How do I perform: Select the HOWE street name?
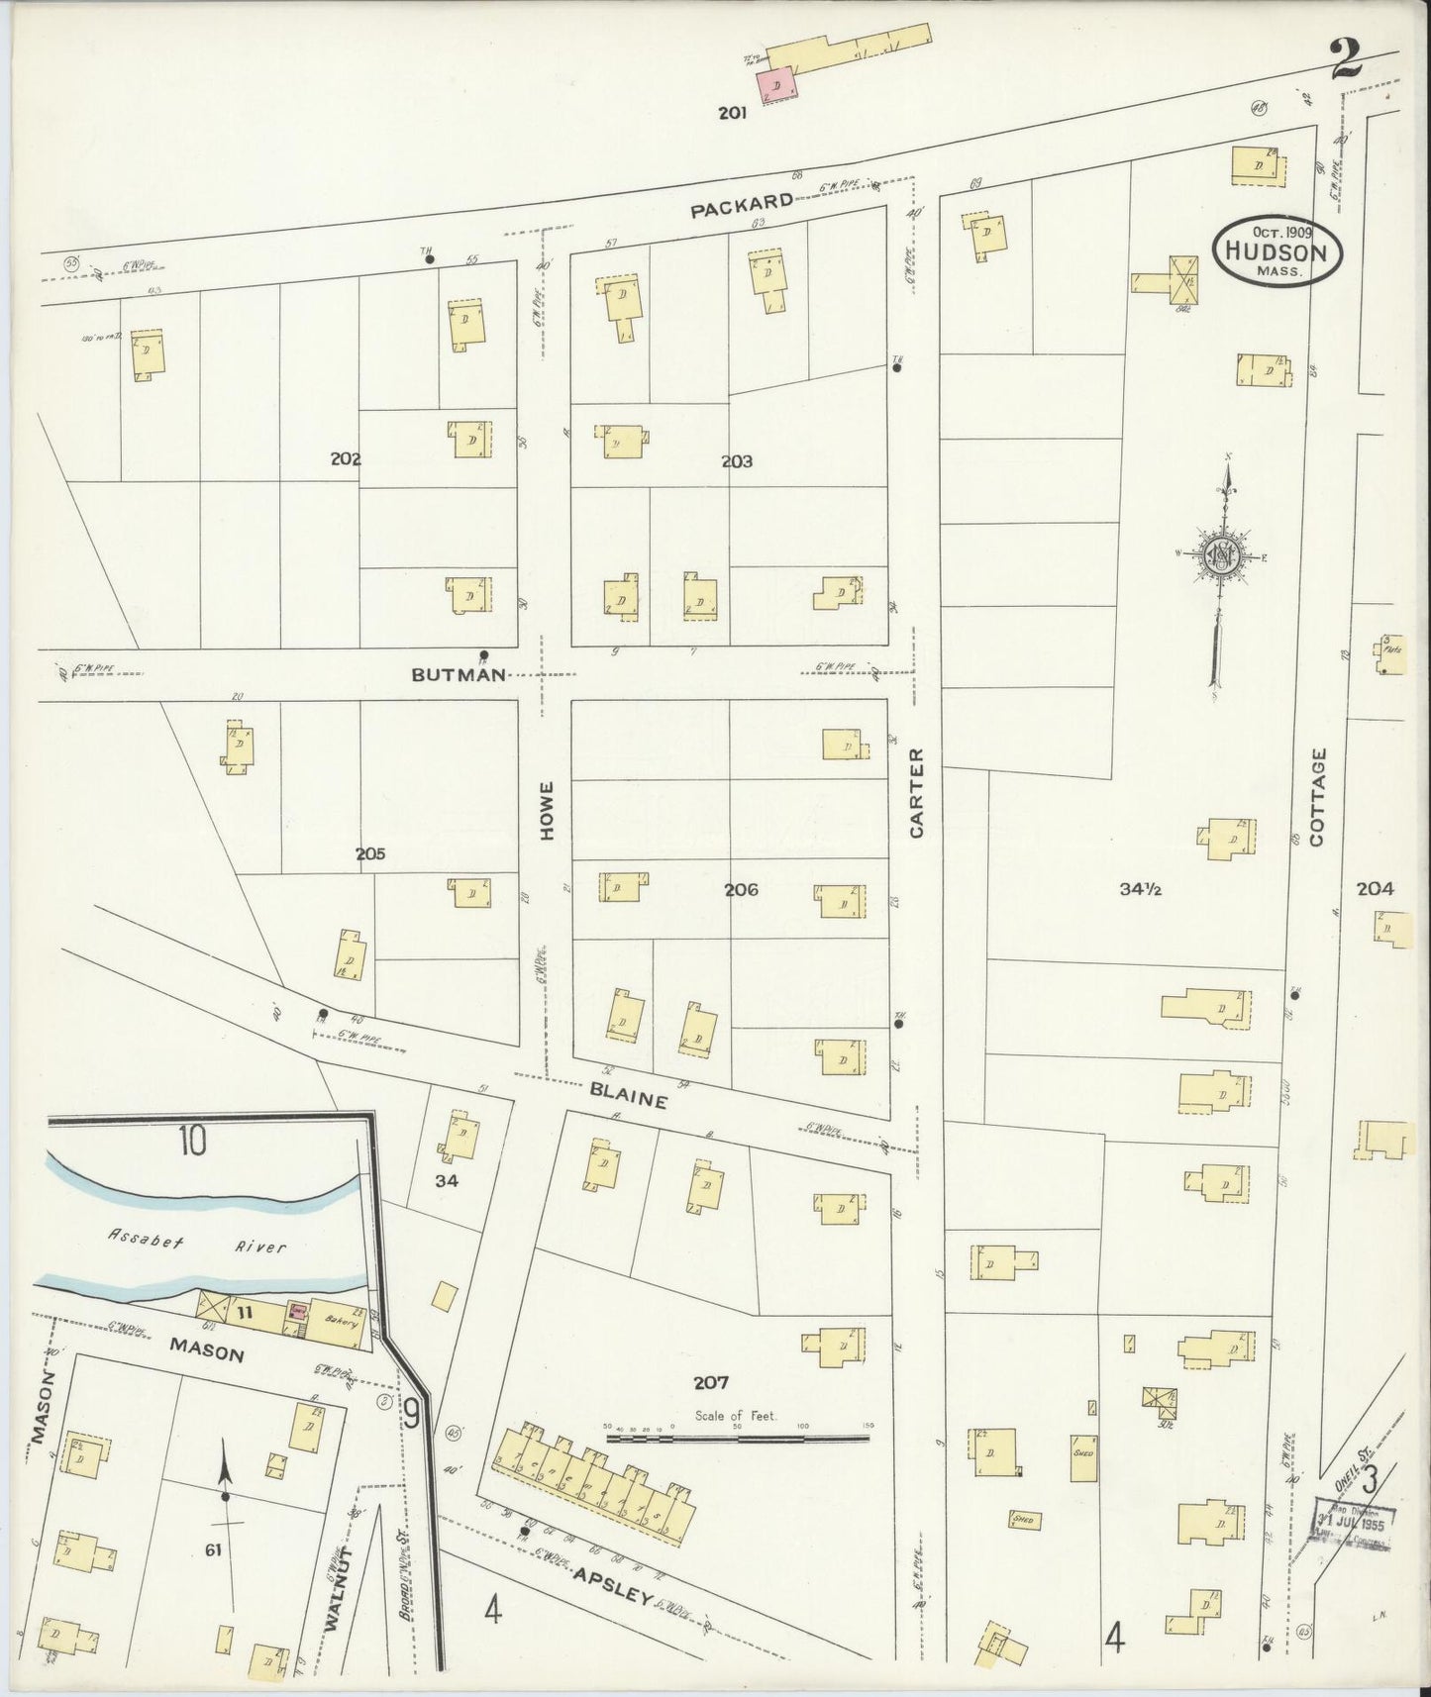point(547,812)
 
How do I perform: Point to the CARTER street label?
point(916,793)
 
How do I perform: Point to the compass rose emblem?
point(1223,556)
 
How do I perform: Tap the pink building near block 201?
point(776,86)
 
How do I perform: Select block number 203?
point(737,461)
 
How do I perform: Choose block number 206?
point(741,890)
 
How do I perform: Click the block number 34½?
point(1140,889)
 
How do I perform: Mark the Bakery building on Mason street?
point(339,1321)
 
